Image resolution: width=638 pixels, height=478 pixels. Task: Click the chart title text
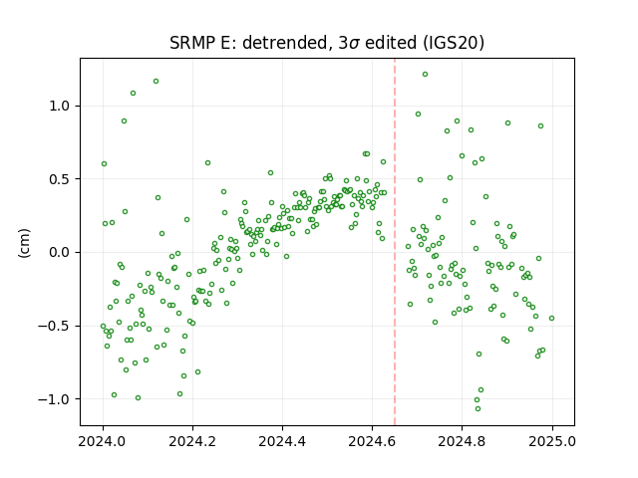[327, 43]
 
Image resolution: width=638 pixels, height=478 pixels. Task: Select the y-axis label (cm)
[24, 243]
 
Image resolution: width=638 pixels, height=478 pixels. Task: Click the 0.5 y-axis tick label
[60, 179]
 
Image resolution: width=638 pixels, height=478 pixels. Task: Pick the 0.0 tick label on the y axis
[60, 252]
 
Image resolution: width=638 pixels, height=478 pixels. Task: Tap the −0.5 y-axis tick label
[55, 326]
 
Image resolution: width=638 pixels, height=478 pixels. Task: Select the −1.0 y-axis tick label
[55, 399]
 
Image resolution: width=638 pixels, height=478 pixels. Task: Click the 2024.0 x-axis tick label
[103, 441]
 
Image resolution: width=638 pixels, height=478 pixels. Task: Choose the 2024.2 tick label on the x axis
[192, 441]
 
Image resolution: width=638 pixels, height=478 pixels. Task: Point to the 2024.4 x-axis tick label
[282, 441]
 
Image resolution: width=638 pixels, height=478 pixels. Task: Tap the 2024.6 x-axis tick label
[372, 441]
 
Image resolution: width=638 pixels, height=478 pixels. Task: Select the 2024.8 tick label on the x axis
[462, 441]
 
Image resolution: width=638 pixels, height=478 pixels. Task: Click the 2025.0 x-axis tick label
[552, 441]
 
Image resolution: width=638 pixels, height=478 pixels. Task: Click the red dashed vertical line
[395, 242]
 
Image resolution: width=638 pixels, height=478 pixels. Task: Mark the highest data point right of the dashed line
[425, 75]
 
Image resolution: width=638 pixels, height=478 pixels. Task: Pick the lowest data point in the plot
[478, 408]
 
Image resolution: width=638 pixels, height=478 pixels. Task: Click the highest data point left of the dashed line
[156, 82]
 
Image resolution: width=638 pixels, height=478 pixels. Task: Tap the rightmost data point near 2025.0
[551, 319]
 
